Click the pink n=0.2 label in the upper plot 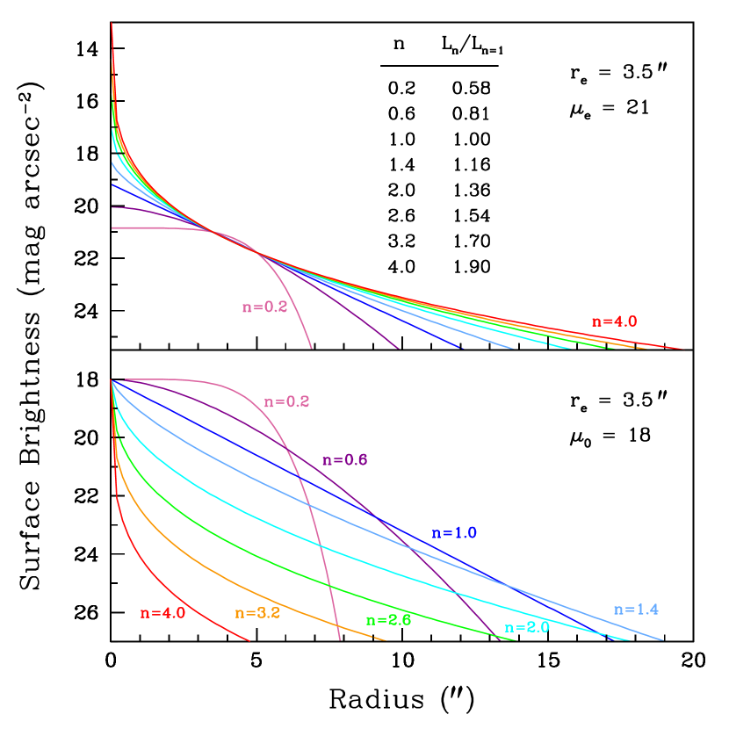(264, 307)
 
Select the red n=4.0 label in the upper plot (614, 321)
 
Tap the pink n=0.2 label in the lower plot (286, 401)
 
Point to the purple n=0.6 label (344, 460)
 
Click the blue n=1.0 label (454, 533)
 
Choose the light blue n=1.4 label (636, 610)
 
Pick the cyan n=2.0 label (527, 627)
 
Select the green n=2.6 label (388, 619)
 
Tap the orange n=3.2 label (257, 613)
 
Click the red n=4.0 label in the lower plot (162, 613)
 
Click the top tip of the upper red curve (112, 23)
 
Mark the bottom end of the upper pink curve (312, 348)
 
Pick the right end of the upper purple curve (399, 348)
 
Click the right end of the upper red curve (682, 349)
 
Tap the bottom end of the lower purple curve (500, 639)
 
